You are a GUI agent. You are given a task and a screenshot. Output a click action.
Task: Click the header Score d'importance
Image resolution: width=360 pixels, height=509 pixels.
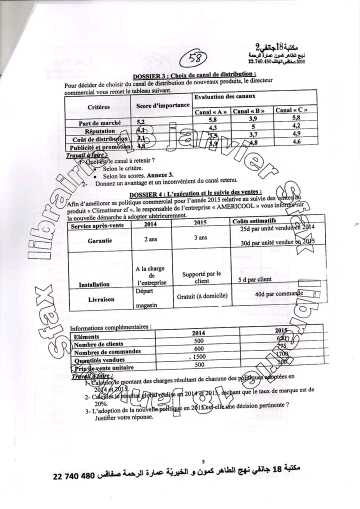click(x=163, y=105)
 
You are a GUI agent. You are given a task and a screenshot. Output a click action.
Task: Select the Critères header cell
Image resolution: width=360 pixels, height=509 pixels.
click(x=98, y=106)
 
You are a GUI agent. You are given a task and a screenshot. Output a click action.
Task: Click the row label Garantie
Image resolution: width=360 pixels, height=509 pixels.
click(x=99, y=240)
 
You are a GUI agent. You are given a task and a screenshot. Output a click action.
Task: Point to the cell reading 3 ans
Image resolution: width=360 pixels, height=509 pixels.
click(x=200, y=237)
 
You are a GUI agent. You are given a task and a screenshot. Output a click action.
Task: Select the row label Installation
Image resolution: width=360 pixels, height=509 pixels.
click(x=94, y=284)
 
